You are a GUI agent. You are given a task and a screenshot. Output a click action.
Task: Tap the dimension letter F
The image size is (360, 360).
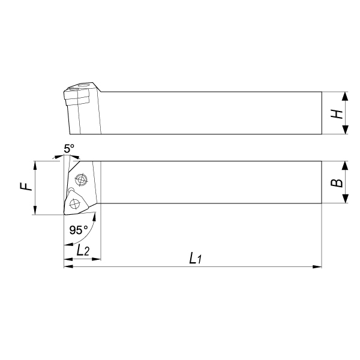(25, 186)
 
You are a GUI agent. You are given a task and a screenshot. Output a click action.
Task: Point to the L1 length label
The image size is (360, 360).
(196, 259)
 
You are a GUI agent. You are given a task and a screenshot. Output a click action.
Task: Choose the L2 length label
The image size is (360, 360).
(83, 250)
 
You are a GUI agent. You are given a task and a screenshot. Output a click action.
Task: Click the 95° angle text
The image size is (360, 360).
(79, 230)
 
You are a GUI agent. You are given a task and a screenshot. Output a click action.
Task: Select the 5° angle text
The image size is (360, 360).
(69, 149)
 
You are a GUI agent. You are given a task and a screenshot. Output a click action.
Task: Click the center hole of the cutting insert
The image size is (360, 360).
(74, 204)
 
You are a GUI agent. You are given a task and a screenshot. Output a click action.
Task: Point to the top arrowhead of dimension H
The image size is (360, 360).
(345, 96)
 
